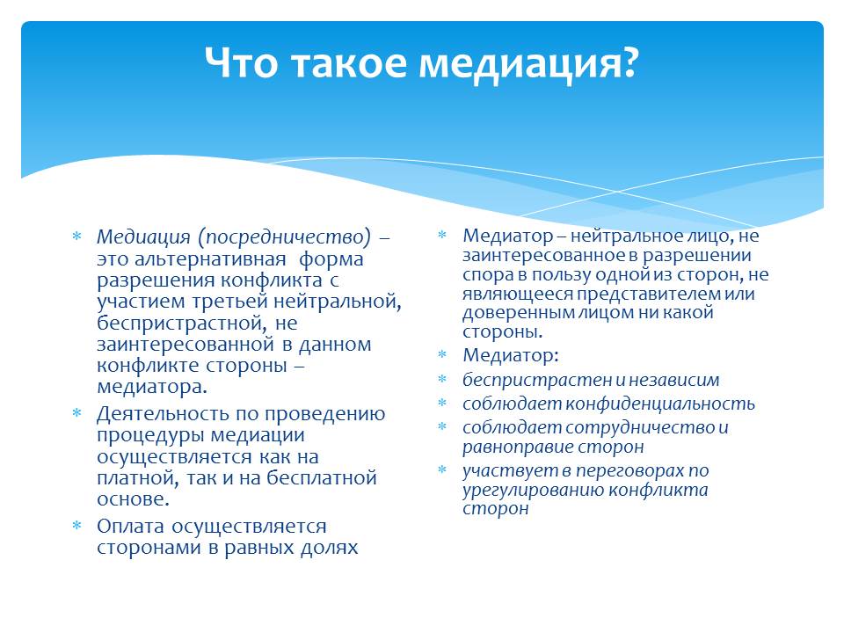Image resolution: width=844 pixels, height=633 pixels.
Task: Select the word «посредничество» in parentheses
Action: pos(288,236)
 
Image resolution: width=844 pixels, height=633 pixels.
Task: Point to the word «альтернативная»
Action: pos(210,258)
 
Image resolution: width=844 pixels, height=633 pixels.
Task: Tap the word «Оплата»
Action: pos(131,526)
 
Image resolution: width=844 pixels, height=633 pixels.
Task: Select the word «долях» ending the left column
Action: pos(330,548)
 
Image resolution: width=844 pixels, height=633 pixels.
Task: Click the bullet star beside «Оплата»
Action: pos(77,525)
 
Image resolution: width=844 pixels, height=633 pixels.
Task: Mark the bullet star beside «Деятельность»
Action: pos(77,413)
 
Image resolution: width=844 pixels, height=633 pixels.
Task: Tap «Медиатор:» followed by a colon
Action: pos(511,355)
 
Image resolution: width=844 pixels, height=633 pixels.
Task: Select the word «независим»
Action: pos(674,380)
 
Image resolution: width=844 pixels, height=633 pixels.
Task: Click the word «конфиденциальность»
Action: pos(660,404)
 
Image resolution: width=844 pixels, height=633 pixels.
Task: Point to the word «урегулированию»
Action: pos(534,491)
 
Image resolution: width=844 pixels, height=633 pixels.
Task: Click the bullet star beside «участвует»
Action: pos(442,470)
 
